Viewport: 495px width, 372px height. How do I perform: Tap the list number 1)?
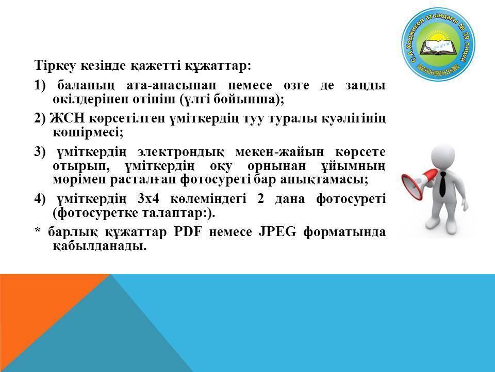pyautogui.click(x=40, y=85)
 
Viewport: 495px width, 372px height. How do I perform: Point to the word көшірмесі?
pyautogui.click(x=88, y=132)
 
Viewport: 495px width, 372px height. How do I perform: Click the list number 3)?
pyautogui.click(x=40, y=152)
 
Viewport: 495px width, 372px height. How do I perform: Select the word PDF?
pyautogui.click(x=188, y=232)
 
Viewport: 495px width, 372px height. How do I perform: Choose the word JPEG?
pyautogui.click(x=277, y=232)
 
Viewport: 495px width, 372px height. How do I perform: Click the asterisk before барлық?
pyautogui.click(x=38, y=230)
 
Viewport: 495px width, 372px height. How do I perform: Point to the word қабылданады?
pyautogui.click(x=100, y=246)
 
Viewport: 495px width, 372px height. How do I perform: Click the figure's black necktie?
pyautogui.click(x=442, y=184)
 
